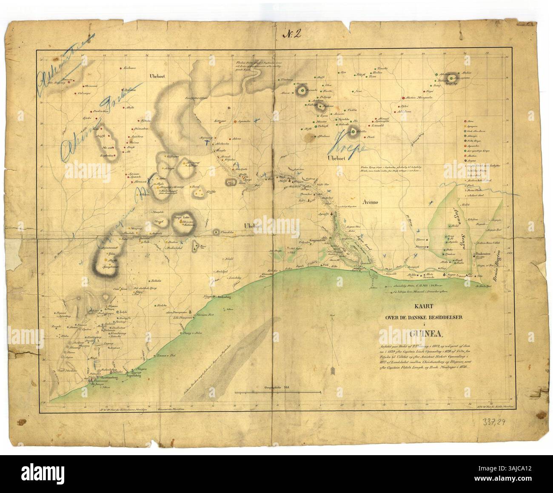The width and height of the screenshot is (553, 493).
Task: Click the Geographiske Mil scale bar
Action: tap(278, 390)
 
